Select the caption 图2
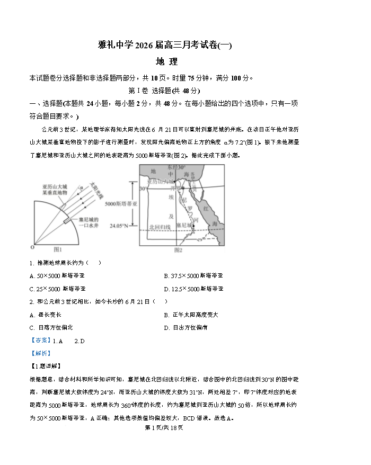178,250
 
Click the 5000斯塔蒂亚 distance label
121,204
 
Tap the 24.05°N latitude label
119,226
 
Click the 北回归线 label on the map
160,227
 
